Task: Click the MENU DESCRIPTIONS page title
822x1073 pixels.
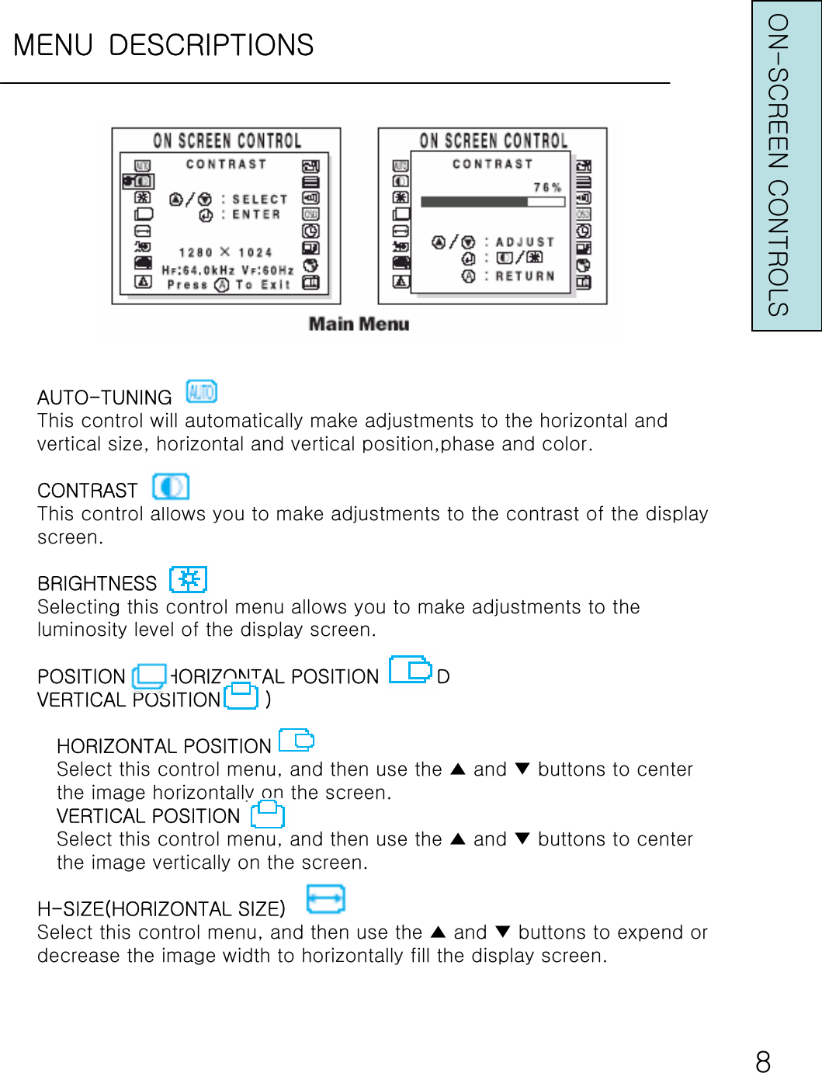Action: click(x=163, y=45)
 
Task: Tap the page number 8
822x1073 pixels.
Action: click(x=763, y=1061)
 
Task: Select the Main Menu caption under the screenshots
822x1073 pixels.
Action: click(x=359, y=324)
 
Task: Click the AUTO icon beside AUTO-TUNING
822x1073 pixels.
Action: click(x=201, y=391)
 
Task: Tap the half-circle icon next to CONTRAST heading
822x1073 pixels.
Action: click(x=171, y=487)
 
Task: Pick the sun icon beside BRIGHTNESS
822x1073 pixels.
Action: click(x=188, y=579)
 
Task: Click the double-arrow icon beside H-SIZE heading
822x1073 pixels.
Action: click(x=325, y=899)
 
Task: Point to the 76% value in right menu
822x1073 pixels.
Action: click(x=547, y=187)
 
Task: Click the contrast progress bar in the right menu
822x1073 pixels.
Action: click(x=492, y=202)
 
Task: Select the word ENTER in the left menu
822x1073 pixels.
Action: click(x=256, y=215)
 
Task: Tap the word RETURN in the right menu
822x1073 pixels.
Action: click(x=525, y=276)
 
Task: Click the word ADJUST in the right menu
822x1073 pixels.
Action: click(x=525, y=242)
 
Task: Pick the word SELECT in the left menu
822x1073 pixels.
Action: click(x=259, y=200)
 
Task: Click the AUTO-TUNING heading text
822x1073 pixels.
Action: click(x=105, y=398)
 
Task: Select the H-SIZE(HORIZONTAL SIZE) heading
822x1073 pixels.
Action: click(x=161, y=908)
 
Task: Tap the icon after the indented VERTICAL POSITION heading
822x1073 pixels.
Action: click(x=268, y=814)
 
